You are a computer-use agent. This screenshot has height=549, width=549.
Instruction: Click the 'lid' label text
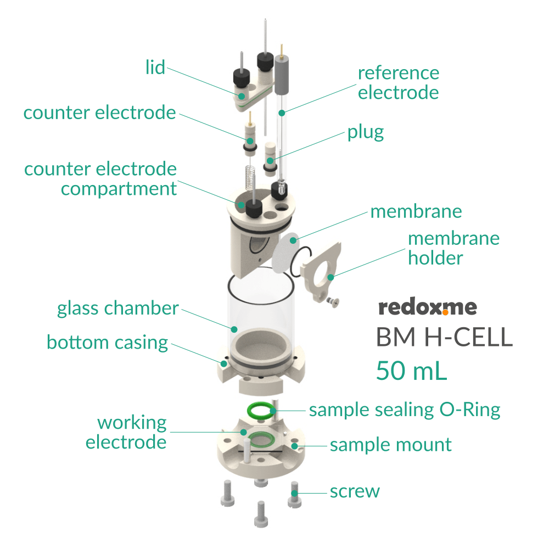tap(155, 68)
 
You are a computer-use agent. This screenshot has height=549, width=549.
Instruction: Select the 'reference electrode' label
tap(398, 82)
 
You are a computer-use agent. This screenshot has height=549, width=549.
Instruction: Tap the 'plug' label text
tap(365, 132)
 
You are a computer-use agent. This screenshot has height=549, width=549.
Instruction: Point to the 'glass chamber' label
tap(117, 309)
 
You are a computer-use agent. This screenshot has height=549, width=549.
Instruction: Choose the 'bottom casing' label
tap(107, 342)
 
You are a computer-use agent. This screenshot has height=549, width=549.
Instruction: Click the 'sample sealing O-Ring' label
tap(405, 410)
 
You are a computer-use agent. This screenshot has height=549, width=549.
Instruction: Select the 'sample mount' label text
tap(390, 445)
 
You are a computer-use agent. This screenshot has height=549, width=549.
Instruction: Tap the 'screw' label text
tap(355, 491)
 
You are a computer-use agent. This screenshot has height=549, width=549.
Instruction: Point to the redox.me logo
tap(428, 307)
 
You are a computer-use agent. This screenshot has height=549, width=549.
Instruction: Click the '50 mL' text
tap(411, 371)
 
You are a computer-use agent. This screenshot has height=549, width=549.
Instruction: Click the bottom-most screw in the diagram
tap(260, 514)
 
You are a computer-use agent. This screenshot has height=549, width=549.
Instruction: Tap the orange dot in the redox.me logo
tap(445, 312)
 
